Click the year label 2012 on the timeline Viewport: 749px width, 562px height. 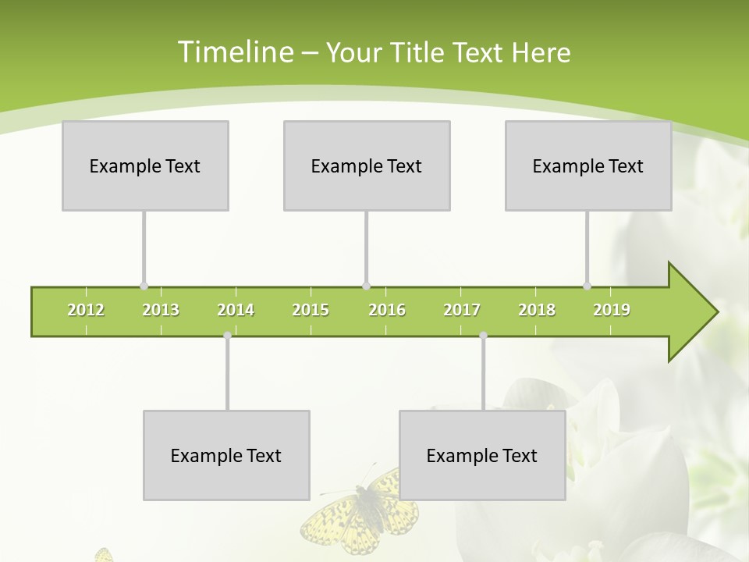coord(86,310)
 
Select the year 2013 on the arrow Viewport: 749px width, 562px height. coord(161,310)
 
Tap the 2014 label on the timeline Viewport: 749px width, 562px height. coord(236,310)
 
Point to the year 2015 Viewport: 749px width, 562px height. coord(311,310)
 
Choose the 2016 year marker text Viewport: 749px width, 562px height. coord(387,310)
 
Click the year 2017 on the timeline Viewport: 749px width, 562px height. coord(462,310)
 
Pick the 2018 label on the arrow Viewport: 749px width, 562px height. coord(537,310)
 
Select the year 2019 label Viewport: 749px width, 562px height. coord(612,310)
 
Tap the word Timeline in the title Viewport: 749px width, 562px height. coord(234,52)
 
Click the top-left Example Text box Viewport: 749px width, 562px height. coord(145,165)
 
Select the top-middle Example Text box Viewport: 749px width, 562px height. coord(367,165)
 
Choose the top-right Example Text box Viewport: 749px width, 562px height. coord(588,165)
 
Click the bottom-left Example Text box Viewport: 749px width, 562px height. coord(226,455)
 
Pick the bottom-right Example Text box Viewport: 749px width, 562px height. coord(482,455)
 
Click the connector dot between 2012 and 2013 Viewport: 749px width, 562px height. coord(144,286)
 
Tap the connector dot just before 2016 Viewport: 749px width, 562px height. coord(367,286)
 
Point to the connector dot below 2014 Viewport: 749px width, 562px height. coord(227,336)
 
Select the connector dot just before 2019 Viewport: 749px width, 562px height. coord(587,286)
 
